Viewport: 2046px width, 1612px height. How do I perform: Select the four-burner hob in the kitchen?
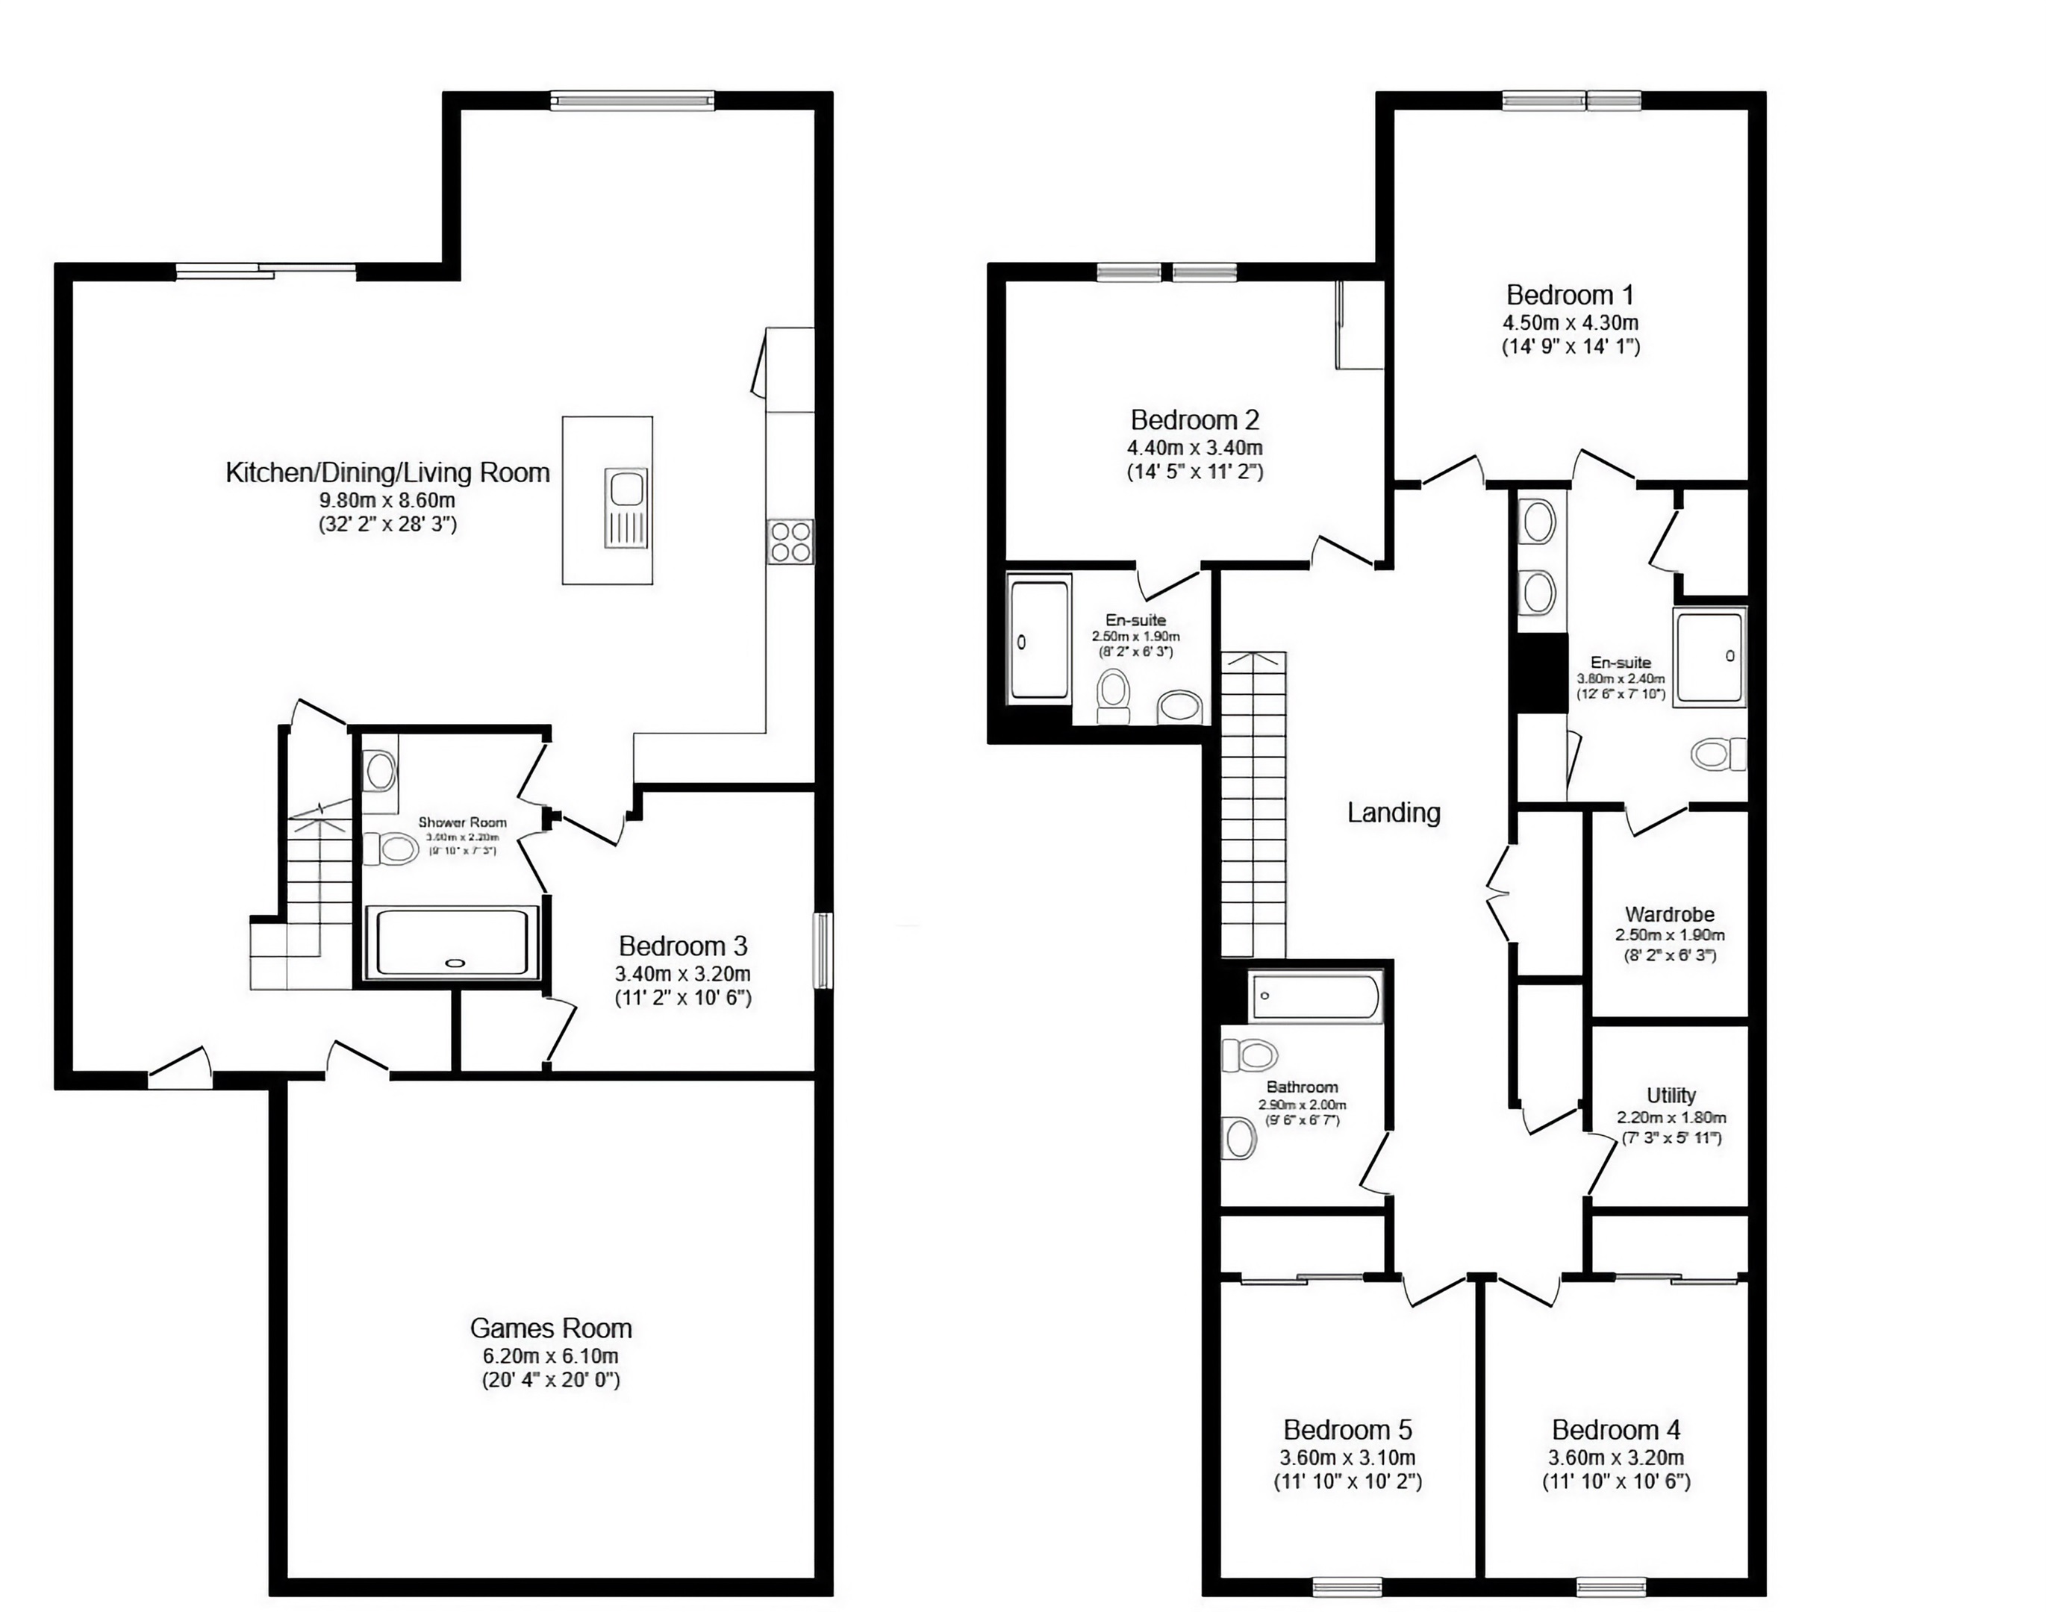coord(790,542)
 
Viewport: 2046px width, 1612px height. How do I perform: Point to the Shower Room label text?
coord(463,822)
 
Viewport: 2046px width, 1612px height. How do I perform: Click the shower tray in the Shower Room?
coord(452,942)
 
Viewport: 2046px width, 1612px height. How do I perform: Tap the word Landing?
coord(1393,813)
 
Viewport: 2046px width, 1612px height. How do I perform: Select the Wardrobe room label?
coord(1670,913)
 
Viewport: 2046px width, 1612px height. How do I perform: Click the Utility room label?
coord(1671,1095)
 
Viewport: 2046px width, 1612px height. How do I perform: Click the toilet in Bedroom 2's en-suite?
coord(1114,694)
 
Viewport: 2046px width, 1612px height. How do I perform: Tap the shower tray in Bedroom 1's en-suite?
coord(1709,657)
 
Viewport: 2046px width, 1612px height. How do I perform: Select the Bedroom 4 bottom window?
coord(1611,1586)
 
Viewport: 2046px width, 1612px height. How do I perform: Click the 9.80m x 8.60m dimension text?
coord(387,499)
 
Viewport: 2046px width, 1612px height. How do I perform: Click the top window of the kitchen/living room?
coord(632,100)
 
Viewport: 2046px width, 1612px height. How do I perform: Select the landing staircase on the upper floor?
coord(1253,802)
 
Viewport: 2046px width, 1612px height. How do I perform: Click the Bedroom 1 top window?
coord(1571,100)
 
